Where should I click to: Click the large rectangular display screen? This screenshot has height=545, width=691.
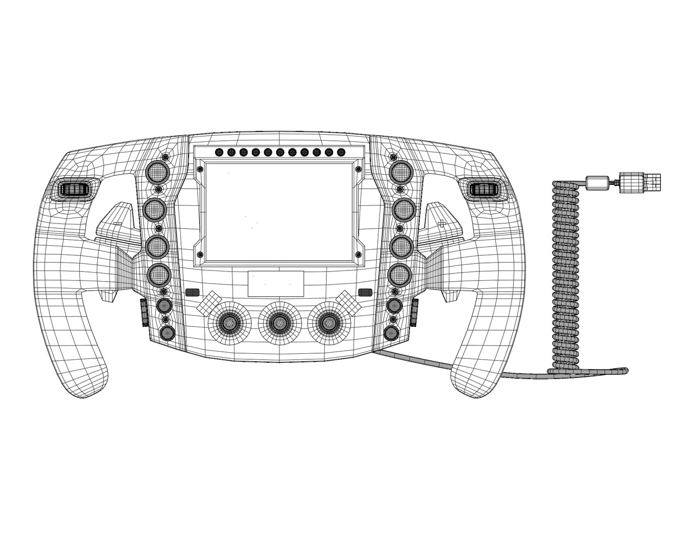point(278,212)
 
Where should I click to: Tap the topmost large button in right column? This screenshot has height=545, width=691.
point(402,172)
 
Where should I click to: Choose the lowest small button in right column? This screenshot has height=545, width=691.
point(392,333)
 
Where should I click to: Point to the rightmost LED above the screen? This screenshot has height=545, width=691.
point(340,151)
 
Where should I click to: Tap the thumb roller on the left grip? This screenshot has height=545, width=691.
point(74,189)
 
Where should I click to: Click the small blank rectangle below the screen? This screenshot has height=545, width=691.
point(275,284)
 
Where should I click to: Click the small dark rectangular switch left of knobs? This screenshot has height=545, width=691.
point(192,292)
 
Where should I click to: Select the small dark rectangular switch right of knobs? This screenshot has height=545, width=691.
point(364,292)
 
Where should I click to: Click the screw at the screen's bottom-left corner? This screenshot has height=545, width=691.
point(200,254)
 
